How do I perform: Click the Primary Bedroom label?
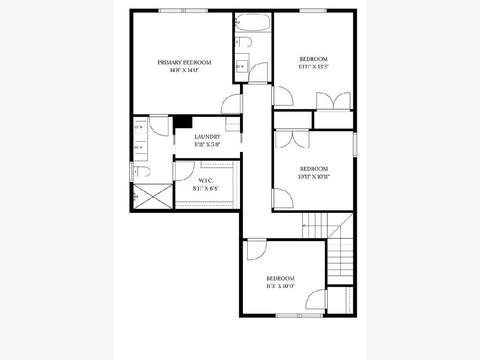pos(184,62)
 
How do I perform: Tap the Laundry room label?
pos(207,137)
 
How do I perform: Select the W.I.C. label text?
pos(206,180)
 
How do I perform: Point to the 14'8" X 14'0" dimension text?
pos(184,70)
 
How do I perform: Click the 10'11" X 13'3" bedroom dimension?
pos(314,67)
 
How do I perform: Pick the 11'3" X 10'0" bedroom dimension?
pos(280,286)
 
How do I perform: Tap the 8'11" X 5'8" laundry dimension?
pos(207,144)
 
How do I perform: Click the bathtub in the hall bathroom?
pos(252,22)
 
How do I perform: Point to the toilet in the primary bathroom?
pos(142,171)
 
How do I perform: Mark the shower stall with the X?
pos(153,196)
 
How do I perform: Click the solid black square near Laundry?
pos(182,123)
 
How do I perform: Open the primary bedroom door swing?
pos(231,104)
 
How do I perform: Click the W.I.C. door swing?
pos(184,171)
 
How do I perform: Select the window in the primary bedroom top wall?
pos(183,10)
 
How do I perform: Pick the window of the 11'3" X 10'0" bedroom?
pos(299,316)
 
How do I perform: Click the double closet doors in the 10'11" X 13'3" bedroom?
pos(333,102)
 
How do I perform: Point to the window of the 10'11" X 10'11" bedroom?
pos(355,145)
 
